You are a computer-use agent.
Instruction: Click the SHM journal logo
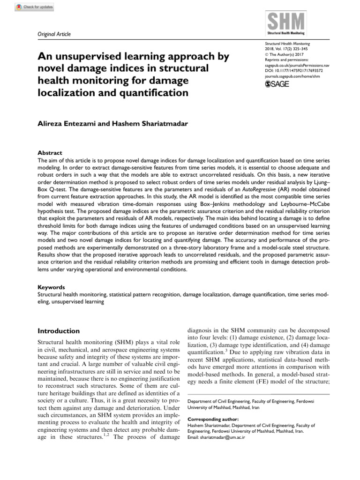[286, 24]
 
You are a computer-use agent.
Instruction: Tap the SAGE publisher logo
[277, 84]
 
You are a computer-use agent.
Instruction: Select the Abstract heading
[50, 153]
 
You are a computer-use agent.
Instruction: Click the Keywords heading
[52, 287]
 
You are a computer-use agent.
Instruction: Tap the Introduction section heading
[58, 330]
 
